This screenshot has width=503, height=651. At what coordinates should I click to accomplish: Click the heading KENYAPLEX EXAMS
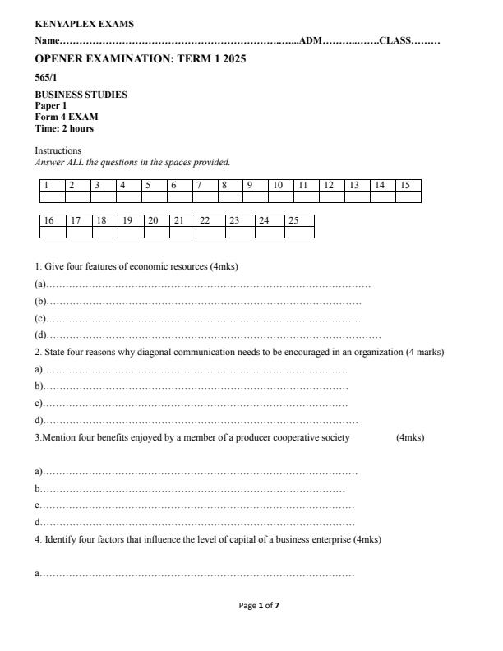coord(84,25)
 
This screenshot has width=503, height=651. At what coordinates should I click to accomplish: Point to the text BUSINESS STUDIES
coord(81,95)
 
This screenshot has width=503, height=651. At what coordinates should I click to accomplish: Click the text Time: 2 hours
coord(64,129)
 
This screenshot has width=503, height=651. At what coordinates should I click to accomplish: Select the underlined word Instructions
coord(58,151)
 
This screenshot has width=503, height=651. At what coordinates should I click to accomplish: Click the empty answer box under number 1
coord(53,197)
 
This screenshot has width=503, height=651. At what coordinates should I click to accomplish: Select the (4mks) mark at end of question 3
coord(410,437)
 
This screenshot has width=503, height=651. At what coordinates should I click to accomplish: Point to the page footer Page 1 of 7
coord(259,606)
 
